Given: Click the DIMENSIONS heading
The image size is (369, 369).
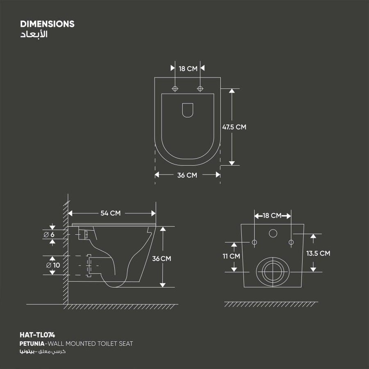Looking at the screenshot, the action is (x=47, y=24).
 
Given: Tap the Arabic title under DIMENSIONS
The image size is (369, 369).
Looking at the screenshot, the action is (x=34, y=34).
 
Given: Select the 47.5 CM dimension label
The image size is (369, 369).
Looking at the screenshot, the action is (x=234, y=127).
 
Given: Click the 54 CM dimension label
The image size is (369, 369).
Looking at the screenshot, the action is (x=110, y=213).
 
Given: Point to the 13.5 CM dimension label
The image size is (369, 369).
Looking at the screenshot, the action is (x=318, y=253).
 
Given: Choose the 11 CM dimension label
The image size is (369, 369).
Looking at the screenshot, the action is (x=231, y=256).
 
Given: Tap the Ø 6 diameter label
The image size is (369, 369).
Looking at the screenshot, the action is (x=49, y=235).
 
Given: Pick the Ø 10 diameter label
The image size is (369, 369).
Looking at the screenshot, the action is (x=53, y=265).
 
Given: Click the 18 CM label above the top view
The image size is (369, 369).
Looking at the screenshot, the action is (x=188, y=69).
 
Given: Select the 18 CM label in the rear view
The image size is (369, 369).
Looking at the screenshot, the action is (x=272, y=216).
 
